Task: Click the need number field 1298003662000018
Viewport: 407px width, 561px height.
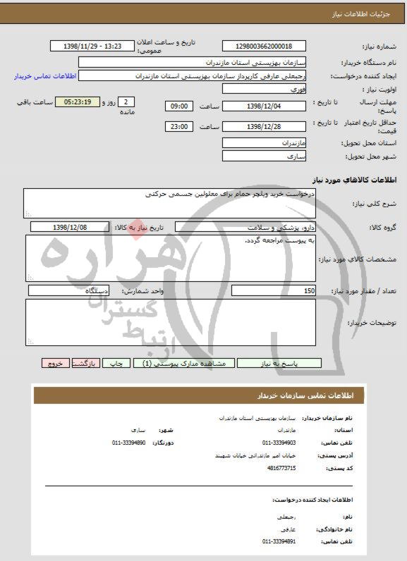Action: (x=264, y=47)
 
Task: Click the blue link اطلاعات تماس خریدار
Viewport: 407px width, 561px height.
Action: (x=40, y=76)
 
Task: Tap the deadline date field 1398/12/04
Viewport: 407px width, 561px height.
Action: (x=264, y=106)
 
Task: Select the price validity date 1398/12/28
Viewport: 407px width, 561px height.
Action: (x=264, y=127)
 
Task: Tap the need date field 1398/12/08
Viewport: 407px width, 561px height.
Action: (x=71, y=228)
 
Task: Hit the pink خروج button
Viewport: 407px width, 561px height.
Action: (x=54, y=364)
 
